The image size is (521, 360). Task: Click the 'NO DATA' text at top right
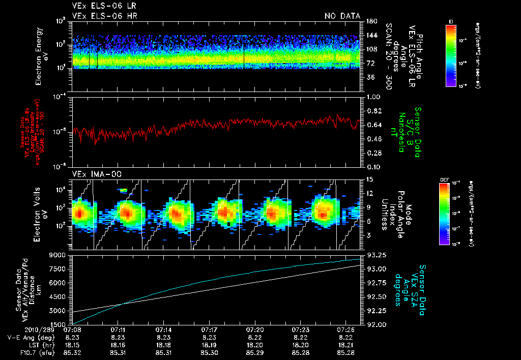(342, 16)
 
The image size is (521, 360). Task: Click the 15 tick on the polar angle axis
(366, 179)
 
